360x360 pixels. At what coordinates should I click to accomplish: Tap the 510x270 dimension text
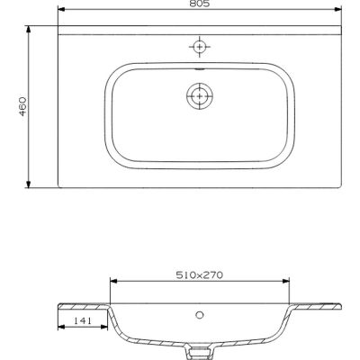pos(197,276)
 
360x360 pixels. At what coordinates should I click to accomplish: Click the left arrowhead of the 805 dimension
pos(59,13)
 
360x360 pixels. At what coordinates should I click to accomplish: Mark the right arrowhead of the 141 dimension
pos(106,325)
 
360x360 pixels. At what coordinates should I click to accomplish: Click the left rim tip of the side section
pos(59,302)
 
